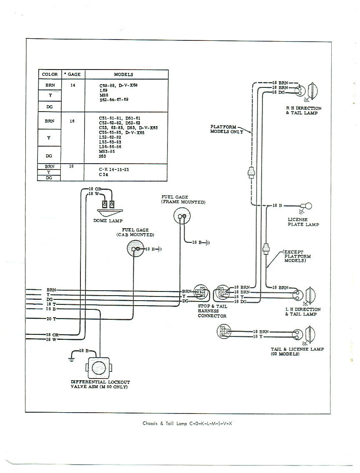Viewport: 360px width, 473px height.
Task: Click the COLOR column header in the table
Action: pos(50,75)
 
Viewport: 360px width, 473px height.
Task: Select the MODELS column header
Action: pos(123,75)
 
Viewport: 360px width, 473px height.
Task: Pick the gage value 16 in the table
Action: pos(72,121)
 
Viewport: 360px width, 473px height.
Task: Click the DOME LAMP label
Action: pos(108,221)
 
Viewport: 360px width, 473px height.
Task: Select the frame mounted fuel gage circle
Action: pos(182,217)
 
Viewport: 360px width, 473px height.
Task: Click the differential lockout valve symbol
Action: pos(99,368)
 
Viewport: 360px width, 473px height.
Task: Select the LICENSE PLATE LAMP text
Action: pos(303,222)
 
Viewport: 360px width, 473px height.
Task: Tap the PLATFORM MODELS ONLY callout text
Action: pos(226,129)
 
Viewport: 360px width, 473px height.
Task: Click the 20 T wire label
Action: pos(51,319)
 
